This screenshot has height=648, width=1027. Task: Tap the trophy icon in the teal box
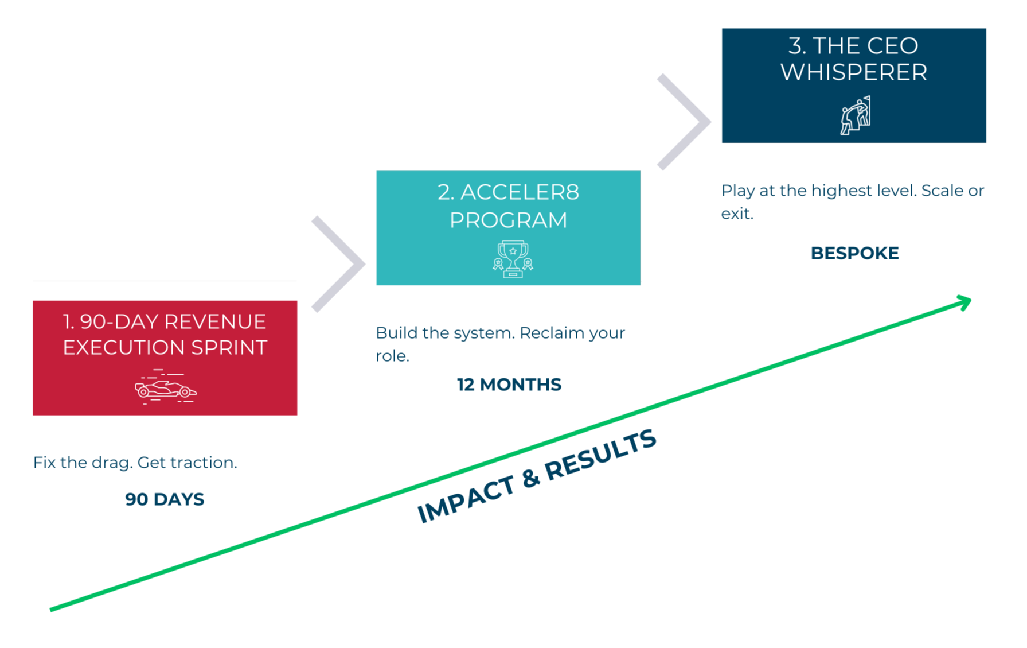pyautogui.click(x=513, y=259)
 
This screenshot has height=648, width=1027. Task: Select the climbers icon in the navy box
pyautogui.click(x=855, y=115)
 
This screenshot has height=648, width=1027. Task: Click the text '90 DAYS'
pyautogui.click(x=165, y=499)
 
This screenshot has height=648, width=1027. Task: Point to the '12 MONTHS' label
pyautogui.click(x=509, y=385)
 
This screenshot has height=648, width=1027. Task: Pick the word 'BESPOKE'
pyautogui.click(x=854, y=253)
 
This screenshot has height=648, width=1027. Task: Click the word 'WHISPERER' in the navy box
pyautogui.click(x=854, y=72)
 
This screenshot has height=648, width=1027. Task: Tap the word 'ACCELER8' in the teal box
pyautogui.click(x=520, y=192)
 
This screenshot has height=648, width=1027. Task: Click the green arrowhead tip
pyautogui.click(x=969, y=300)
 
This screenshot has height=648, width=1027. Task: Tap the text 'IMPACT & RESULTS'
pyautogui.click(x=536, y=476)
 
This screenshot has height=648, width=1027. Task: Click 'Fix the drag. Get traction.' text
pyautogui.click(x=135, y=463)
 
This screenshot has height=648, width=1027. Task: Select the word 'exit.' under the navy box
pyautogui.click(x=737, y=214)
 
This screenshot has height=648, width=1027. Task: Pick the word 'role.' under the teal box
pyautogui.click(x=392, y=356)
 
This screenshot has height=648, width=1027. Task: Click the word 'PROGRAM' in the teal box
pyautogui.click(x=508, y=220)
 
